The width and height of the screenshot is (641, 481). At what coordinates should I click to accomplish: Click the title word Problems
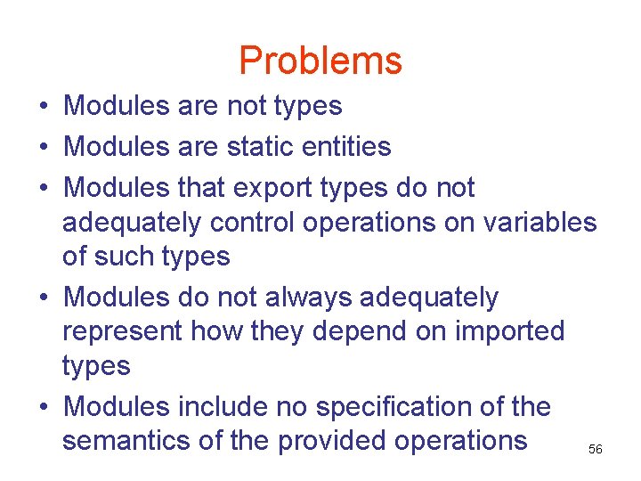[320, 61]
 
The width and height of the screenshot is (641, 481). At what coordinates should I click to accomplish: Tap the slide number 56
[596, 450]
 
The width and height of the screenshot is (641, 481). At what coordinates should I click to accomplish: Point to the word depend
[345, 331]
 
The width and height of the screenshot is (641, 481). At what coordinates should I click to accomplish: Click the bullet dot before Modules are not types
[43, 107]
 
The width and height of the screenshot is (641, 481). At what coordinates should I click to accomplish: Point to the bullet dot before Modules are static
[43, 147]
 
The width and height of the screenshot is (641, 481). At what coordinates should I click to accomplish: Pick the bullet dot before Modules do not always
[43, 298]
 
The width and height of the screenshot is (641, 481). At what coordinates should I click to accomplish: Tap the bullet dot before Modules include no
[43, 408]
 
